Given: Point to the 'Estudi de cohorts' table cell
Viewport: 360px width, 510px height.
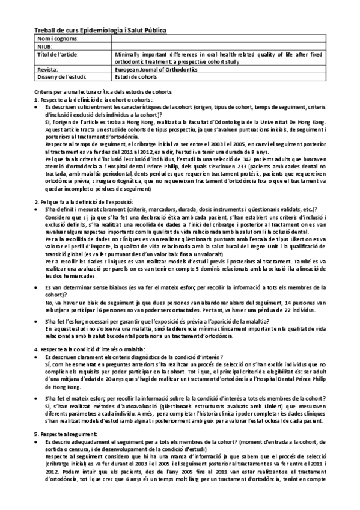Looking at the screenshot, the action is pos(137,76).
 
